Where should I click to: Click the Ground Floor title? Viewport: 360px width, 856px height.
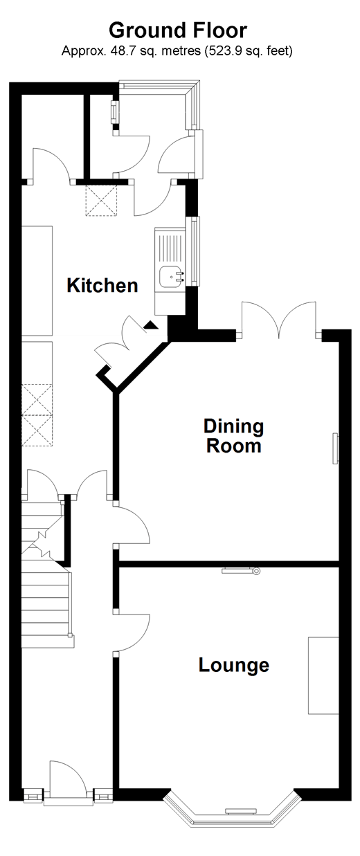(x=178, y=30)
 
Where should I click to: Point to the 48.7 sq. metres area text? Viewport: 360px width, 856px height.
(x=156, y=51)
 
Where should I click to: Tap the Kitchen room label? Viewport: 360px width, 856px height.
(x=102, y=286)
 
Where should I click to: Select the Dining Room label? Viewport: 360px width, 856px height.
(x=233, y=436)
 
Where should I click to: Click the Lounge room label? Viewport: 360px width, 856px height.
(x=234, y=665)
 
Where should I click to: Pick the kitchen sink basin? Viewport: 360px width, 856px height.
(x=170, y=276)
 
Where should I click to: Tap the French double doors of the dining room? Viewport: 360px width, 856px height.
(x=280, y=320)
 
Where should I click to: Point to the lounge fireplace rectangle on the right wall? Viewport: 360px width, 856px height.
(x=324, y=675)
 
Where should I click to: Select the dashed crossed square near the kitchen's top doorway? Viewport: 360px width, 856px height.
(x=101, y=201)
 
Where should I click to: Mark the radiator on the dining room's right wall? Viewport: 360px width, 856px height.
(x=335, y=448)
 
